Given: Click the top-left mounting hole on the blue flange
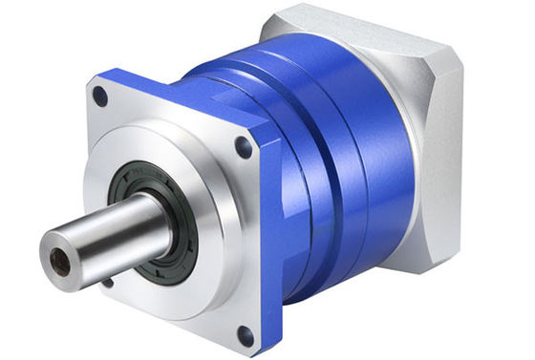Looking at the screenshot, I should pyautogui.click(x=100, y=95).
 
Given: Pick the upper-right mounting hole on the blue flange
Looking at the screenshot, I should pyautogui.click(x=244, y=148).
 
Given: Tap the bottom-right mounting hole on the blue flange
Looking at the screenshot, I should pyautogui.click(x=245, y=334).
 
